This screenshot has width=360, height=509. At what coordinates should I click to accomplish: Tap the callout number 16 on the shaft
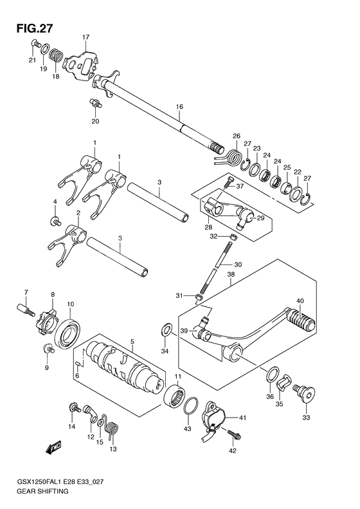[x=179, y=106]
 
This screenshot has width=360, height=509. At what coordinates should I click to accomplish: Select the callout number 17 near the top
[x=85, y=37]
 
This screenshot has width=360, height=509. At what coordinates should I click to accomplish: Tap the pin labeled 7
[x=25, y=310]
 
